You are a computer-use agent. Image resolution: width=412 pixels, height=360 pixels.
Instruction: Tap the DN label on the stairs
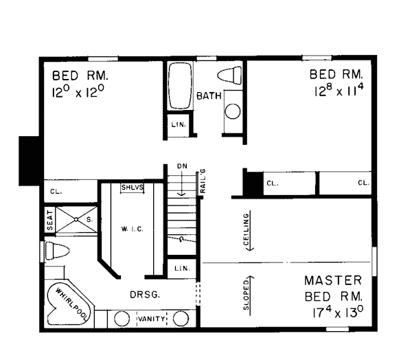point(181,166)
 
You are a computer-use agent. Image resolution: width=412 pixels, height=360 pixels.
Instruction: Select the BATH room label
point(209,96)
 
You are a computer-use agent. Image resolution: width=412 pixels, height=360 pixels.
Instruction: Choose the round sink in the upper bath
point(233,111)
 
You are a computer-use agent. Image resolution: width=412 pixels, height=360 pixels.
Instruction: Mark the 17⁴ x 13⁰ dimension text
point(336,311)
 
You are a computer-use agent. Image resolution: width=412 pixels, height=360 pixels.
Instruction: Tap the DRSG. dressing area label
point(146,295)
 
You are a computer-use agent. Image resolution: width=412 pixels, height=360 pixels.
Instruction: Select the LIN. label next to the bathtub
point(177,124)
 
